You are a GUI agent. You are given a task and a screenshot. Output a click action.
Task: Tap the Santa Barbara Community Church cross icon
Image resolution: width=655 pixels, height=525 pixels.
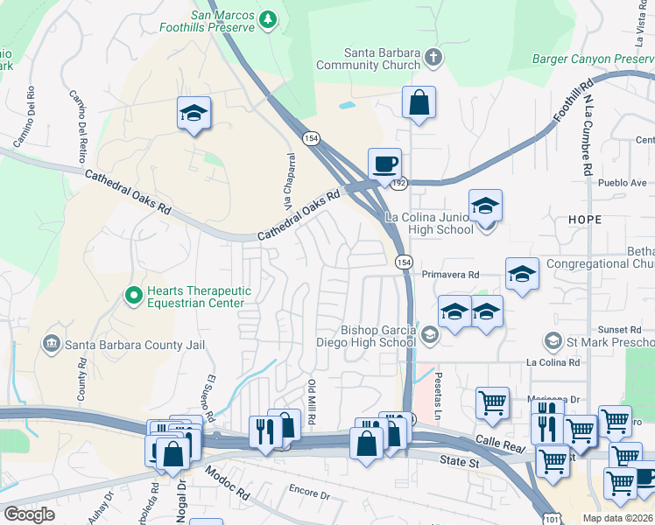(433, 59)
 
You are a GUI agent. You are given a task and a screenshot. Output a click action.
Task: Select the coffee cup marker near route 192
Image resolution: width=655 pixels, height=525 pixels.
(384, 163)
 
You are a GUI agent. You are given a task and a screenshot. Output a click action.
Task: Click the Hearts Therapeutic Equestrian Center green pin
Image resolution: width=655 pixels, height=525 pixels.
(133, 297)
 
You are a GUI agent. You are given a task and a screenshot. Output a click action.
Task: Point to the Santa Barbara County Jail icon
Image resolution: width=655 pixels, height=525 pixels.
(52, 345)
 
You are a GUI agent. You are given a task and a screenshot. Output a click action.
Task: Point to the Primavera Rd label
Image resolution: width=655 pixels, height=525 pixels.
(451, 274)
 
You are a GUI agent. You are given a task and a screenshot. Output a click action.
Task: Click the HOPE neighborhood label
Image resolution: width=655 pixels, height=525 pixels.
(585, 219)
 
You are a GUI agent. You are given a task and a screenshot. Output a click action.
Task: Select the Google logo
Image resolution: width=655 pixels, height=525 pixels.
(29, 514)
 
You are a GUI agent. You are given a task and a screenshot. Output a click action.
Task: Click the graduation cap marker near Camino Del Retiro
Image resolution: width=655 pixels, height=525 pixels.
(194, 113)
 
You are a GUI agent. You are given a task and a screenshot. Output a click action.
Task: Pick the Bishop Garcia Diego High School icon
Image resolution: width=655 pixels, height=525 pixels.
(430, 334)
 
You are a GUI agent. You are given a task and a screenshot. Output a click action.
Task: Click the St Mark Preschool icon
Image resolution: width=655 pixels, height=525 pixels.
(553, 340)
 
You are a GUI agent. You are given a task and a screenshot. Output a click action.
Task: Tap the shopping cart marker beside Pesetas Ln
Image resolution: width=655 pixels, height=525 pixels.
(492, 403)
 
